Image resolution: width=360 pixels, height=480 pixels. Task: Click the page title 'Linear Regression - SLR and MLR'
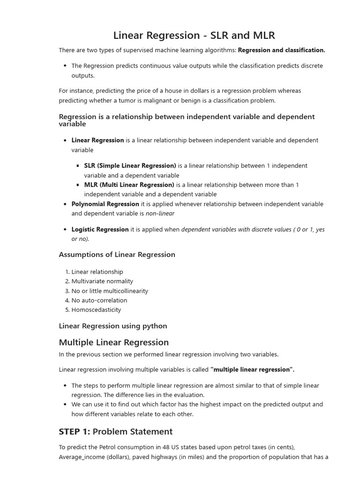pyautogui.click(x=194, y=35)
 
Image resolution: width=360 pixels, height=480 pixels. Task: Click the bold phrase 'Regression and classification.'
pyautogui.click(x=281, y=50)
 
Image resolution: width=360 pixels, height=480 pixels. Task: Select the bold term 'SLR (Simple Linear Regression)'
pyautogui.click(x=130, y=165)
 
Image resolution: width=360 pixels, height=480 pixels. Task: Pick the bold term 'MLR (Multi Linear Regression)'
pyautogui.click(x=129, y=185)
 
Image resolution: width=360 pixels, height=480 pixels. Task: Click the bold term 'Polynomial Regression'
pyautogui.click(x=105, y=204)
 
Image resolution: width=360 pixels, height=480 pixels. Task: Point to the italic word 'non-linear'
pyautogui.click(x=160, y=213)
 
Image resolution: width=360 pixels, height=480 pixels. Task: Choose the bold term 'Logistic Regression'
pyautogui.click(x=100, y=229)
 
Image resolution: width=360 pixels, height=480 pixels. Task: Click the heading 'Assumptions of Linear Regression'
pyautogui.click(x=117, y=255)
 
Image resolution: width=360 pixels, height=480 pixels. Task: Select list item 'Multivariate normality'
pyautogui.click(x=102, y=281)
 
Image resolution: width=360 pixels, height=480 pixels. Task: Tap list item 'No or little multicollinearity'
pyautogui.click(x=110, y=291)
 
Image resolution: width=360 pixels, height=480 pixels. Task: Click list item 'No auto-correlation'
pyautogui.click(x=99, y=300)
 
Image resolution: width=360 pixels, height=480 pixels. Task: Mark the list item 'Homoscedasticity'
pyautogui.click(x=96, y=310)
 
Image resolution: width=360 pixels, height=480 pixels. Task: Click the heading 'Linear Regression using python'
pyautogui.click(x=113, y=326)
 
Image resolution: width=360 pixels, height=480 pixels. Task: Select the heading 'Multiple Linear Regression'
pyautogui.click(x=114, y=342)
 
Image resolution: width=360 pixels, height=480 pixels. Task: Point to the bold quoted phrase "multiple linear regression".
pyautogui.click(x=252, y=369)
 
